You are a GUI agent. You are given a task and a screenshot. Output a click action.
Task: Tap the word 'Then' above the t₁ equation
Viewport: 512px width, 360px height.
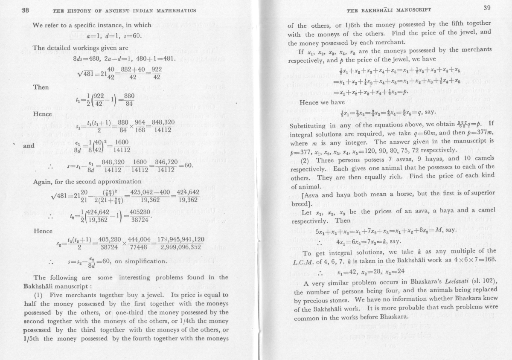tap(41, 87)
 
